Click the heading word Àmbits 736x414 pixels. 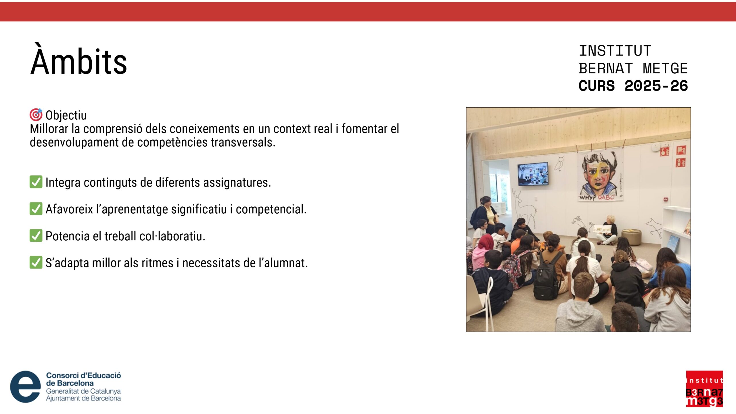(78, 60)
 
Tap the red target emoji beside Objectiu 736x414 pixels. (36, 115)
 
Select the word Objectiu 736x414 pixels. (66, 116)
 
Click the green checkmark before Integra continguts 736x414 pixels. (36, 182)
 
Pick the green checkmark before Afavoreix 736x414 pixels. (36, 209)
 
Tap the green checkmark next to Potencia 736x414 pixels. (36, 235)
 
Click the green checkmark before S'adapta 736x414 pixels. (36, 262)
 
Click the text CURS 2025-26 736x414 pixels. (633, 86)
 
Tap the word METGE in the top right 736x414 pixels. (665, 69)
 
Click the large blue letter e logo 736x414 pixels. (26, 387)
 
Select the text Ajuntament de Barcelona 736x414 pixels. (83, 398)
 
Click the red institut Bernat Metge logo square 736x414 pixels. (704, 389)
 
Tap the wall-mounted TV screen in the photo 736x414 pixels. (533, 174)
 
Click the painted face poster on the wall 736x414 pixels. (600, 176)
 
